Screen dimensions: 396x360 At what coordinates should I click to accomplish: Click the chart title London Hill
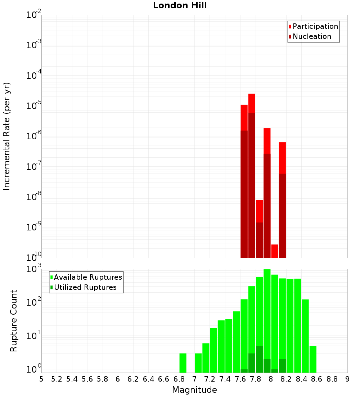(180, 6)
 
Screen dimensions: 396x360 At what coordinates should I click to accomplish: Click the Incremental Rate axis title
(7, 136)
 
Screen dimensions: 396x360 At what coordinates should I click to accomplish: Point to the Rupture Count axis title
(14, 321)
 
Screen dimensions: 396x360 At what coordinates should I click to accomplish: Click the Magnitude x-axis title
(194, 390)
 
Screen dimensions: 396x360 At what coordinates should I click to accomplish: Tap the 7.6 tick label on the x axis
(240, 379)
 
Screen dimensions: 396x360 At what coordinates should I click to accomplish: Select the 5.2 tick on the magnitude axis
(57, 379)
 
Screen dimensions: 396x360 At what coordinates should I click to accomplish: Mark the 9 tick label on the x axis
(347, 379)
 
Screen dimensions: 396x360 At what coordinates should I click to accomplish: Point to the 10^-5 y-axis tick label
(34, 106)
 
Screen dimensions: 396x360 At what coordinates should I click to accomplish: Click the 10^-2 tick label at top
(34, 15)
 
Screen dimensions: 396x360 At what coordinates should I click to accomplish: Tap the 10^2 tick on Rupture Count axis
(34, 302)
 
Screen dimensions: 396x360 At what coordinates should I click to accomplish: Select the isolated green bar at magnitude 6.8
(183, 363)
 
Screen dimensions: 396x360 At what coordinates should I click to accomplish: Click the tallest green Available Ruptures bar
(267, 320)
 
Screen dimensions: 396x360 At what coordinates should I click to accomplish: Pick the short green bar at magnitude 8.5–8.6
(313, 359)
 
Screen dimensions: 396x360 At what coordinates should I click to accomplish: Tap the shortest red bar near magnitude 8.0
(275, 251)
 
